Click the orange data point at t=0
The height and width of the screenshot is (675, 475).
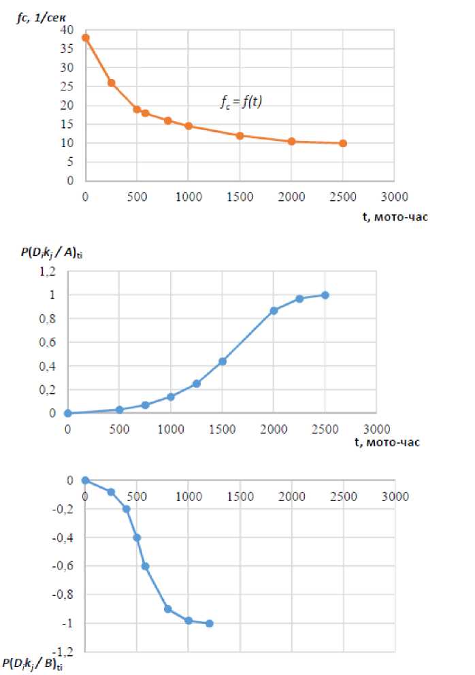86,37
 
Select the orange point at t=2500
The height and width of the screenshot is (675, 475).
343,144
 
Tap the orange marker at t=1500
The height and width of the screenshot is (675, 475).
240,135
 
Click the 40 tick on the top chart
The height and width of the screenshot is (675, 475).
67,30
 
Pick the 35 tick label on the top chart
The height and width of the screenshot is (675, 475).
67,49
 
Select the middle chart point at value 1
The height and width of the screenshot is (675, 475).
325,295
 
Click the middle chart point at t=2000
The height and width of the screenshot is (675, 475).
274,310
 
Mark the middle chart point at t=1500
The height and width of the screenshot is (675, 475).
223,361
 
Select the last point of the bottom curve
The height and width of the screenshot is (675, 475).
210,623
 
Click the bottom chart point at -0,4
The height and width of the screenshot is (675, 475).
137,538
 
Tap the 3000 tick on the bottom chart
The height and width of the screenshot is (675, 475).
395,496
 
